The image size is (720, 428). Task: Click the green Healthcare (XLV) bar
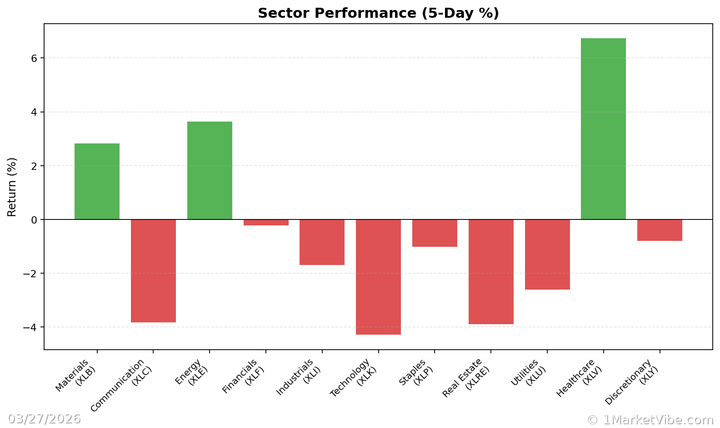603,129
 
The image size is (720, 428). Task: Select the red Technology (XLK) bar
378,277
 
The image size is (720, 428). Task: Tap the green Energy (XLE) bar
210,170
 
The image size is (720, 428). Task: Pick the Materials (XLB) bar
97,181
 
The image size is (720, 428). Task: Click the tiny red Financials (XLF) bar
266,223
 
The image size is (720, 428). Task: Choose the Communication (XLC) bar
153,271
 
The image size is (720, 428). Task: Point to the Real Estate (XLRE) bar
491,272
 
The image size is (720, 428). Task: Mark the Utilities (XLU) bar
547,255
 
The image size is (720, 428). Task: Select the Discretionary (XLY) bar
660,230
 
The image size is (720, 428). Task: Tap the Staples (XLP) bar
435,233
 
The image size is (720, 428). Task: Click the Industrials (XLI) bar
322,242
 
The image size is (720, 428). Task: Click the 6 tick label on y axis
35,58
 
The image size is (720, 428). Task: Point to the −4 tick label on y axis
30,327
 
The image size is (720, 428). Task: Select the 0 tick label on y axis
35,220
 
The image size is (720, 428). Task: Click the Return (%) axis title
12,187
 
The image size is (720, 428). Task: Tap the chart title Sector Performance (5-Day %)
378,13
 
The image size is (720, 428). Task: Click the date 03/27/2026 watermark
44,419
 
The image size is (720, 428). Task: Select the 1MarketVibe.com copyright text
650,420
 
